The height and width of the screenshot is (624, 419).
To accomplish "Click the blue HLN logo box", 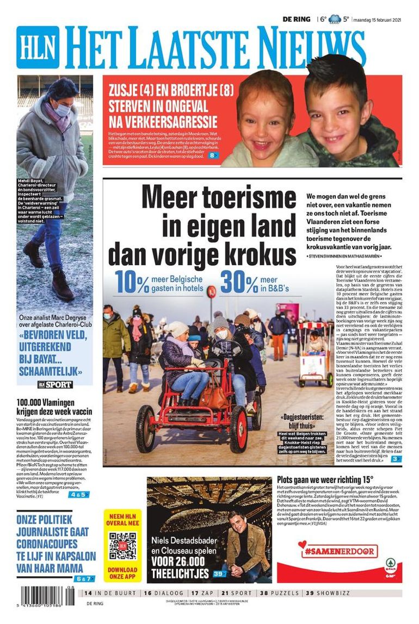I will pos(38,47).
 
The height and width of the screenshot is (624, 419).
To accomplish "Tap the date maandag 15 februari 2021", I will pos(378,20).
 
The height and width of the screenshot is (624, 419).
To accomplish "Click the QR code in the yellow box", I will pos(122,546).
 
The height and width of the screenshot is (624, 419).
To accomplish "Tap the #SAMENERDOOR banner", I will pos(339,551).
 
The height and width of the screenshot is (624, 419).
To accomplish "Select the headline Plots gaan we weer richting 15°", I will pos(325,479).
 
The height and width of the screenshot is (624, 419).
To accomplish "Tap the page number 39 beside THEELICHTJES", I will pos(219,573).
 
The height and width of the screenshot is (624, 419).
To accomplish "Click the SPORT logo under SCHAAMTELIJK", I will pos(55,385).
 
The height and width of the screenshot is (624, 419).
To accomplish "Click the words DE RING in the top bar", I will pos(296,20).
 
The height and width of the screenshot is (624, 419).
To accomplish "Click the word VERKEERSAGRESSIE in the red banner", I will pos(163,121).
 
